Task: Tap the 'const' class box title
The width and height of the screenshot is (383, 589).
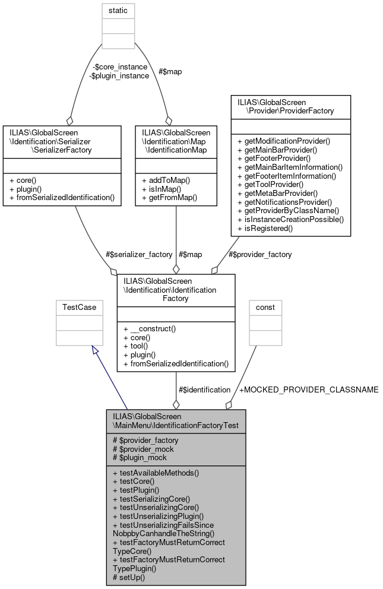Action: (x=265, y=308)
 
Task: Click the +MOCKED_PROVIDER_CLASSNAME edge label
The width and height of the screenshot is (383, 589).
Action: (x=308, y=389)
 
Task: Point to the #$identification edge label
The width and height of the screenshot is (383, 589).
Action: (x=204, y=389)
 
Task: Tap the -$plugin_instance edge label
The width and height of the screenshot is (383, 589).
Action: (x=119, y=75)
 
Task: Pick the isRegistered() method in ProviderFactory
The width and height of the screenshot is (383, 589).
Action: (x=265, y=227)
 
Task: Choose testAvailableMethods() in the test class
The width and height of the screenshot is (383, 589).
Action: (x=156, y=473)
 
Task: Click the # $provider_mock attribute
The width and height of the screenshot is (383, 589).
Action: (x=143, y=448)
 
